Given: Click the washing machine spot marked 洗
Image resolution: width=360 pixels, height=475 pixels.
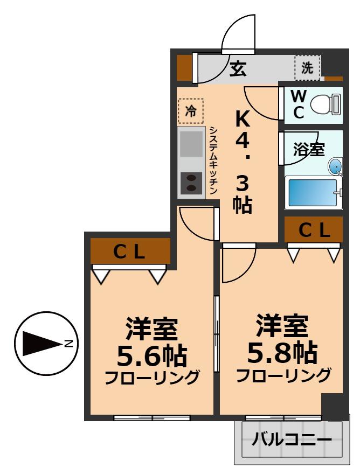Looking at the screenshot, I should click(x=307, y=68).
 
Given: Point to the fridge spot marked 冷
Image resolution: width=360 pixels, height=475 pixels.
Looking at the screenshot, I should click(x=191, y=111).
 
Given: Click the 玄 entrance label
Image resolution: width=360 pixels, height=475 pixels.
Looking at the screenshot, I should click(x=238, y=69).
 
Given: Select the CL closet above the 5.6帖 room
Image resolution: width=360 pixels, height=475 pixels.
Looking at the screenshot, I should click(x=130, y=252).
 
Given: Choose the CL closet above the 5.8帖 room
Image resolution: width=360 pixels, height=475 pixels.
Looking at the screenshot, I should click(x=314, y=230).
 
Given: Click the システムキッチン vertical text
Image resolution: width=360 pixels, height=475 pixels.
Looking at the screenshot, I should click(x=213, y=160).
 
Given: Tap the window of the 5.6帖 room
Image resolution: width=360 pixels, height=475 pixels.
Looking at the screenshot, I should click(x=152, y=417).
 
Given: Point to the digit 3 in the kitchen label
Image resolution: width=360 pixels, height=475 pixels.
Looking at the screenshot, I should click(x=242, y=185).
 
